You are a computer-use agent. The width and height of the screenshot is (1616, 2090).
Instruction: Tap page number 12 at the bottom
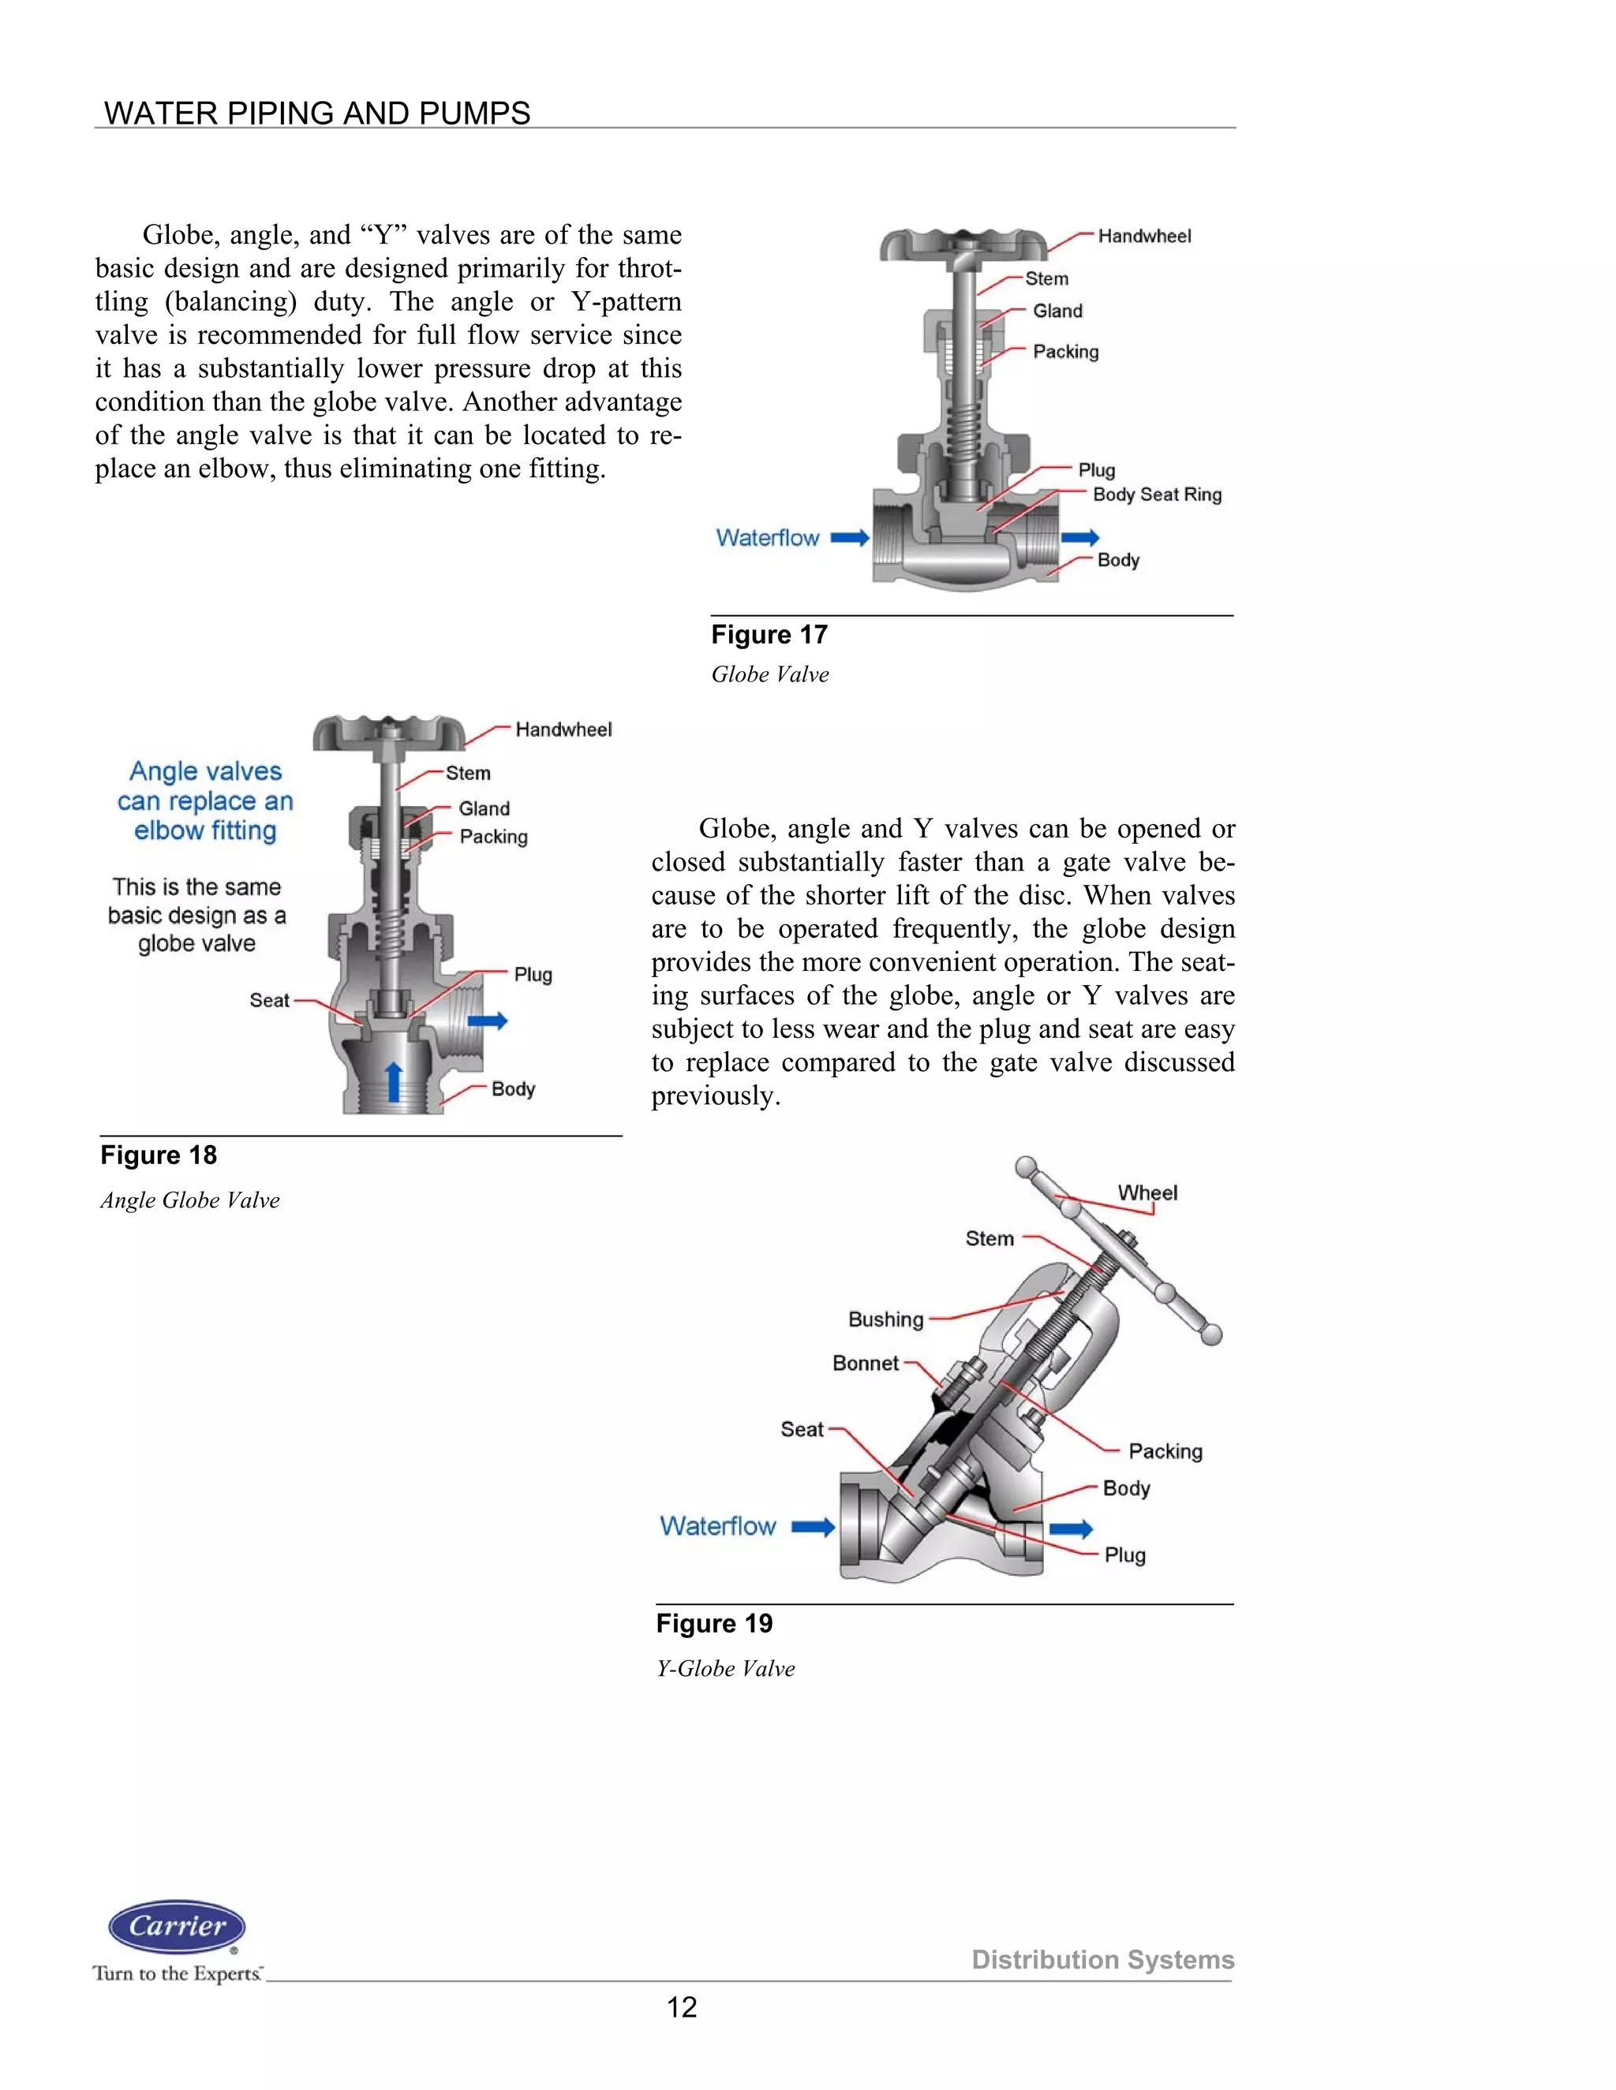coord(682,2006)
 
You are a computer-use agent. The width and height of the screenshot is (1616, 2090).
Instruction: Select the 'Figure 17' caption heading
coord(769,634)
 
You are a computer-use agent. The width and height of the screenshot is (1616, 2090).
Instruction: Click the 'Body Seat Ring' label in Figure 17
coord(1157,495)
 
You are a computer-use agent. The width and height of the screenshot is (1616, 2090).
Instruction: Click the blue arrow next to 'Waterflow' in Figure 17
coord(849,538)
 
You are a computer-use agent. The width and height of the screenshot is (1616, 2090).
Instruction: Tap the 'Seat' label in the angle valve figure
coord(269,1000)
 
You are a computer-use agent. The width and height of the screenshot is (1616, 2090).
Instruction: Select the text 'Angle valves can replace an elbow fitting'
coord(205,801)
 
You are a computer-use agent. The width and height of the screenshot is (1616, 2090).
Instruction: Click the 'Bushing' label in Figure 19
coord(885,1319)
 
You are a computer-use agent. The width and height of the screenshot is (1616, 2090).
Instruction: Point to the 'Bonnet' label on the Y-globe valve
coord(866,1363)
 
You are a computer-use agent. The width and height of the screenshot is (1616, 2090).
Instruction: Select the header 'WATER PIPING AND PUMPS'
coord(317,113)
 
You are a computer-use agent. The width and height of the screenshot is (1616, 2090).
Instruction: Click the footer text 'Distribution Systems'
coord(1103,1959)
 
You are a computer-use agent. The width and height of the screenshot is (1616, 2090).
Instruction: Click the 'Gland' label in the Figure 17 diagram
coord(1057,311)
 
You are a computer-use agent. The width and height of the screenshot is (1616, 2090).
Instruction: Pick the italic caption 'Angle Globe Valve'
coord(189,1200)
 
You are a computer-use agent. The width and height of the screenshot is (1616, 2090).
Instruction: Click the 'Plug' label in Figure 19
coord(1125,1555)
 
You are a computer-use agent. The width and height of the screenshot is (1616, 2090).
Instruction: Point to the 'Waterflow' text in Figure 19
coord(717,1525)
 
